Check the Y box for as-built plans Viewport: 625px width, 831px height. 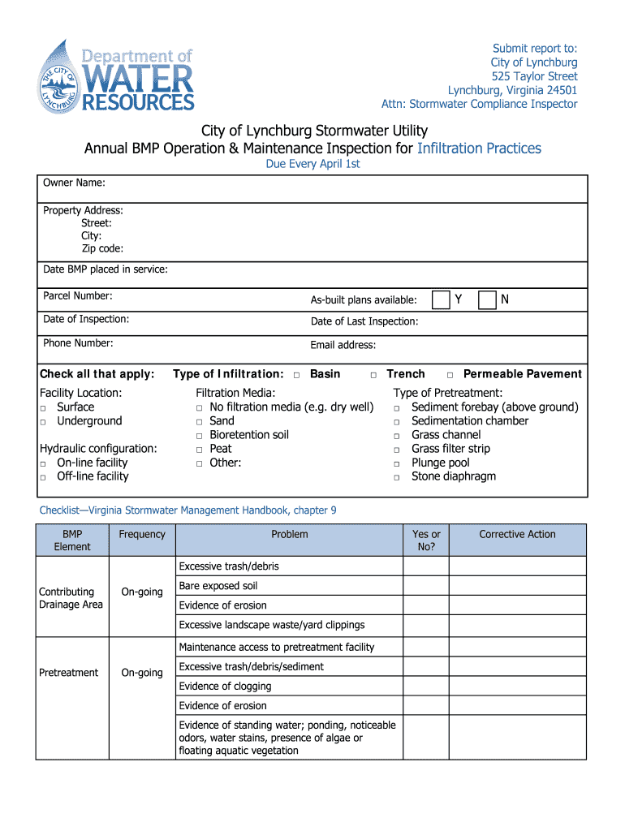(441, 300)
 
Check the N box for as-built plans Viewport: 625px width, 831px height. (487, 300)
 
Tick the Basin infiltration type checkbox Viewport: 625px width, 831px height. (296, 375)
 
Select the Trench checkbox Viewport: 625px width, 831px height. (373, 375)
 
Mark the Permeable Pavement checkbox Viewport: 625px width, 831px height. (450, 375)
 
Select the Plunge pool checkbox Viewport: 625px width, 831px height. (397, 463)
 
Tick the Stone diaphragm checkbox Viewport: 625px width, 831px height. (397, 477)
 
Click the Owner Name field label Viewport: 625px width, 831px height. (74, 183)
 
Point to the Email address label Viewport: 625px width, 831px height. (343, 345)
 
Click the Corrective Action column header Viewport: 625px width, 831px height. (517, 534)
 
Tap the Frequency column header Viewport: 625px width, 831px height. (141, 534)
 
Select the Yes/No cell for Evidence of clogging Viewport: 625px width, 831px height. (426, 687)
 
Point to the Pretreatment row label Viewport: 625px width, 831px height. (68, 672)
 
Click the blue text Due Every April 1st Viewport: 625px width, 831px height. (312, 164)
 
